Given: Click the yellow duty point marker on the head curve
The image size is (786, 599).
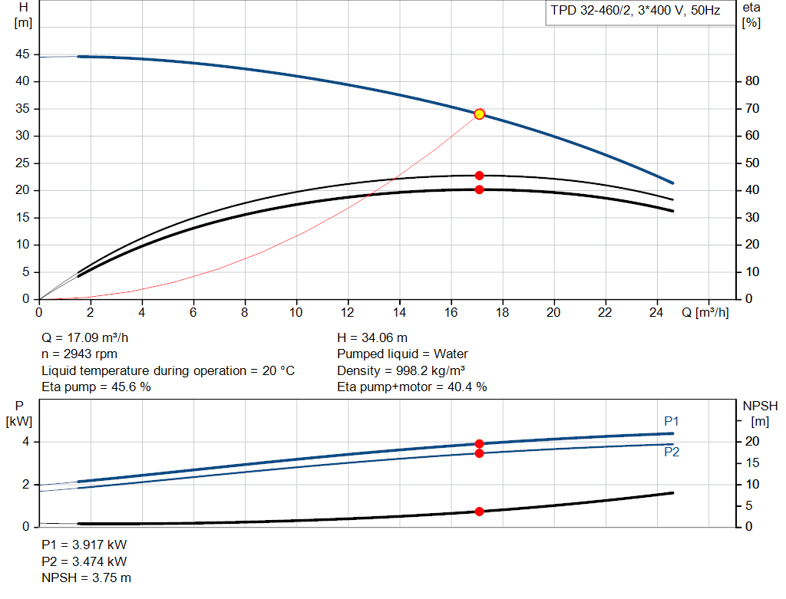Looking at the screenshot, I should pos(480,114).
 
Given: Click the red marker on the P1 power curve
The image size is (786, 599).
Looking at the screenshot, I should pos(480,443).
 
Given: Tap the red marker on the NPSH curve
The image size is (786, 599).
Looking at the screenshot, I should pos(480,512).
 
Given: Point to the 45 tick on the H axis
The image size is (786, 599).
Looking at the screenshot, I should pos(23,54).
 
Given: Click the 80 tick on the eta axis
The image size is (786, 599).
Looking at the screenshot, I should pos(751,81).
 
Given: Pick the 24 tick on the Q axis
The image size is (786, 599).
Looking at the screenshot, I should pos(656,313).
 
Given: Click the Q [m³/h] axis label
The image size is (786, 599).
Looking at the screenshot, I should pos(705,313).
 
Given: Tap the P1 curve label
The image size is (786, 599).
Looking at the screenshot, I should pos(672,421).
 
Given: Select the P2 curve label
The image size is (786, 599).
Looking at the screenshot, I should pos(672,453).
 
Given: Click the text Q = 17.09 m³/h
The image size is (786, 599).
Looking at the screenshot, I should pos(91,337).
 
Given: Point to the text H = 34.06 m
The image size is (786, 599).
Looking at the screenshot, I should pos(372,337).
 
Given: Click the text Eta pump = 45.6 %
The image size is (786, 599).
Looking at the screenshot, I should pos(96,387).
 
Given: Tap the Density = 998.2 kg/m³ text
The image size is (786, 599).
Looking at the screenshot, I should pos(402,370).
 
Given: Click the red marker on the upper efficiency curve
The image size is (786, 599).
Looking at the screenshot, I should pos(480,176).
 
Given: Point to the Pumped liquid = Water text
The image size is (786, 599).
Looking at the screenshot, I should pos(402,354).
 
